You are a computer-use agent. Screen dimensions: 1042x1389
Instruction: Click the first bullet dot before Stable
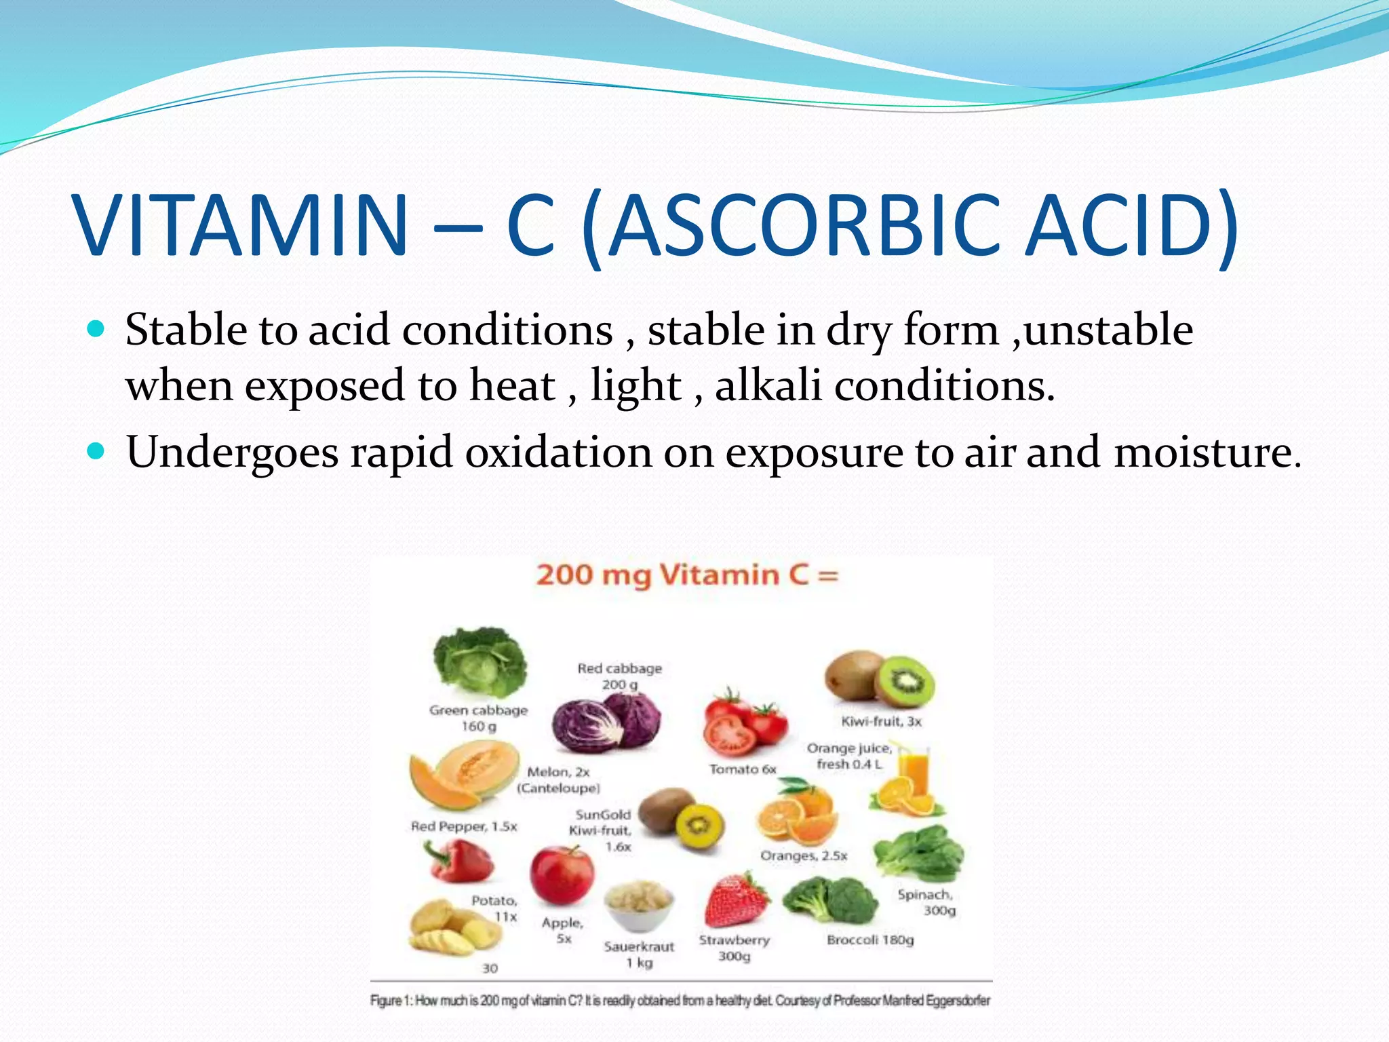coord(97,330)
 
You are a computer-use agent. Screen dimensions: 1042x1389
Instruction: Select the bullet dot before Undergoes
coord(97,452)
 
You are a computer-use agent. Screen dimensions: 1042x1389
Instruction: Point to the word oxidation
coord(558,452)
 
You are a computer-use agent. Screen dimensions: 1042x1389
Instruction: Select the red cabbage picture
coord(605,723)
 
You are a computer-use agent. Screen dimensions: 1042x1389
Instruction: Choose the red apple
coord(561,875)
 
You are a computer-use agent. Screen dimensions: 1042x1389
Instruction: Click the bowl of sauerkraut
coord(639,906)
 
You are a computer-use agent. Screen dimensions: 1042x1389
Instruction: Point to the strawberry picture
coord(737,900)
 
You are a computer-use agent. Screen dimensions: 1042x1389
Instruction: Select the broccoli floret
coord(830,900)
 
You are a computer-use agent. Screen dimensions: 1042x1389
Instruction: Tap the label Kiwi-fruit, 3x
coord(881,721)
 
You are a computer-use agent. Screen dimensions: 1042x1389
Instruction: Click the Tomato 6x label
coord(743,769)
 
